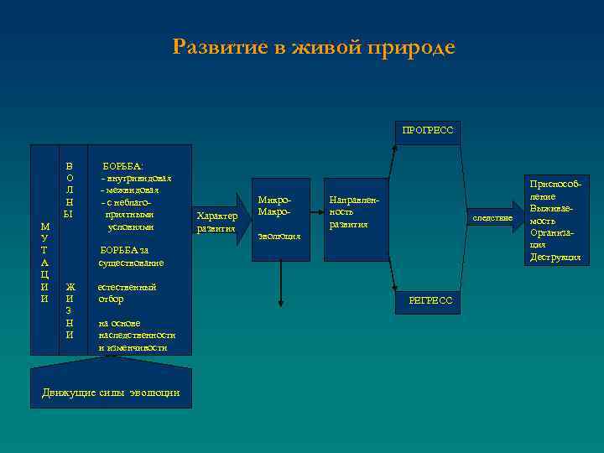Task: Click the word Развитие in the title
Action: [x=218, y=48]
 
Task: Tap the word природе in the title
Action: [x=414, y=48]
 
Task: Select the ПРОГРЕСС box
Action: [x=427, y=130]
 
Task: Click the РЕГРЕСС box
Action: [x=430, y=300]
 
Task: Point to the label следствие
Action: [x=492, y=218]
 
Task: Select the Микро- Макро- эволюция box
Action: [x=280, y=218]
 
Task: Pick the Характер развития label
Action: [x=216, y=221]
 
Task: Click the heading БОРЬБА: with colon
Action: [x=122, y=167]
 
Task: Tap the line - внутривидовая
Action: [x=136, y=179]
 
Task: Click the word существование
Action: [x=131, y=263]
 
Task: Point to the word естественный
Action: [x=127, y=287]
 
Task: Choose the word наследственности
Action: [x=136, y=335]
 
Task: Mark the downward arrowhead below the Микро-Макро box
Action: [x=280, y=303]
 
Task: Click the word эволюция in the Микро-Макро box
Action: [x=279, y=236]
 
